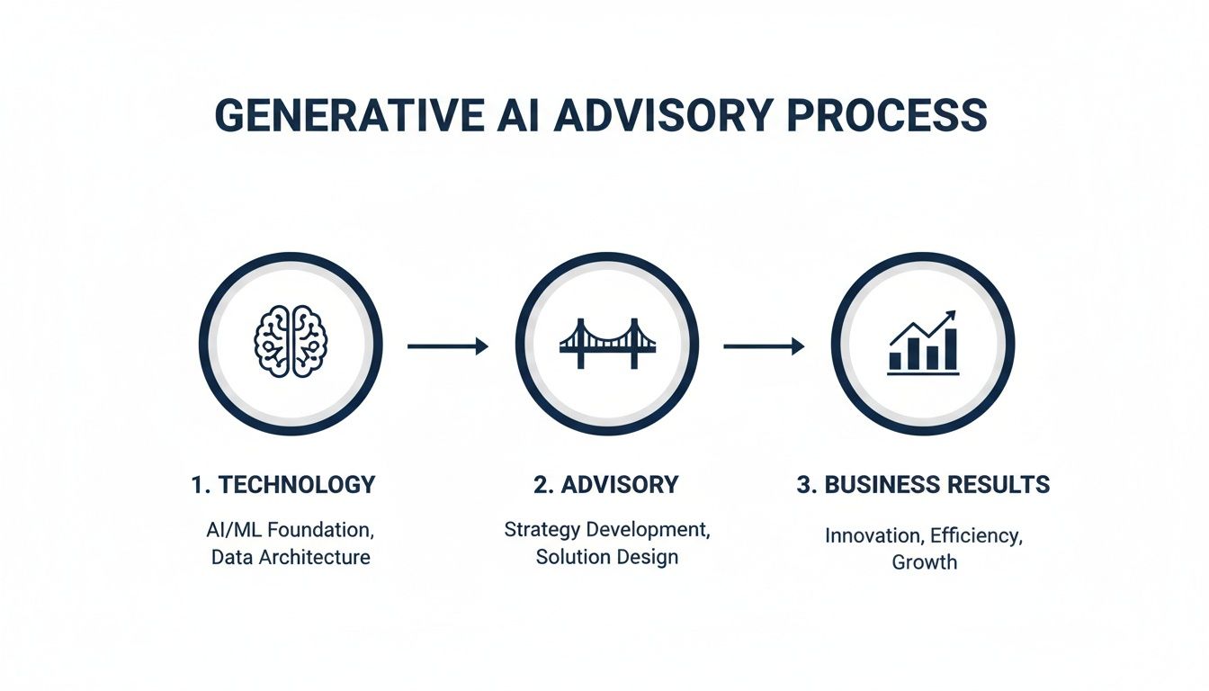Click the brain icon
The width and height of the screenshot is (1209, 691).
[x=291, y=342]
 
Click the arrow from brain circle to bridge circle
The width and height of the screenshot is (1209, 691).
[x=447, y=345]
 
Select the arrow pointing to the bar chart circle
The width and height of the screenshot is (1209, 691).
[x=764, y=345]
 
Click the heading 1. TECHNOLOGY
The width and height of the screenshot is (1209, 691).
[x=283, y=485]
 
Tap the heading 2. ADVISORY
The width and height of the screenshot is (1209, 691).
[x=606, y=485]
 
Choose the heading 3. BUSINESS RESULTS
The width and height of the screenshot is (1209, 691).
[x=924, y=485]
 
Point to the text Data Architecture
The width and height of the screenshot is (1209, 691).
[x=291, y=557]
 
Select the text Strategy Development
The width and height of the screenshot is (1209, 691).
[x=607, y=530]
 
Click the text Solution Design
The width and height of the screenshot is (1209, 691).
[x=607, y=557]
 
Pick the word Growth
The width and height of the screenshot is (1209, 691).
[x=925, y=562]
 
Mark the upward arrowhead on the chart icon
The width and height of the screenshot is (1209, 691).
[x=950, y=317]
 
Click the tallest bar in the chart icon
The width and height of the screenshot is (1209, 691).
[x=951, y=349]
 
